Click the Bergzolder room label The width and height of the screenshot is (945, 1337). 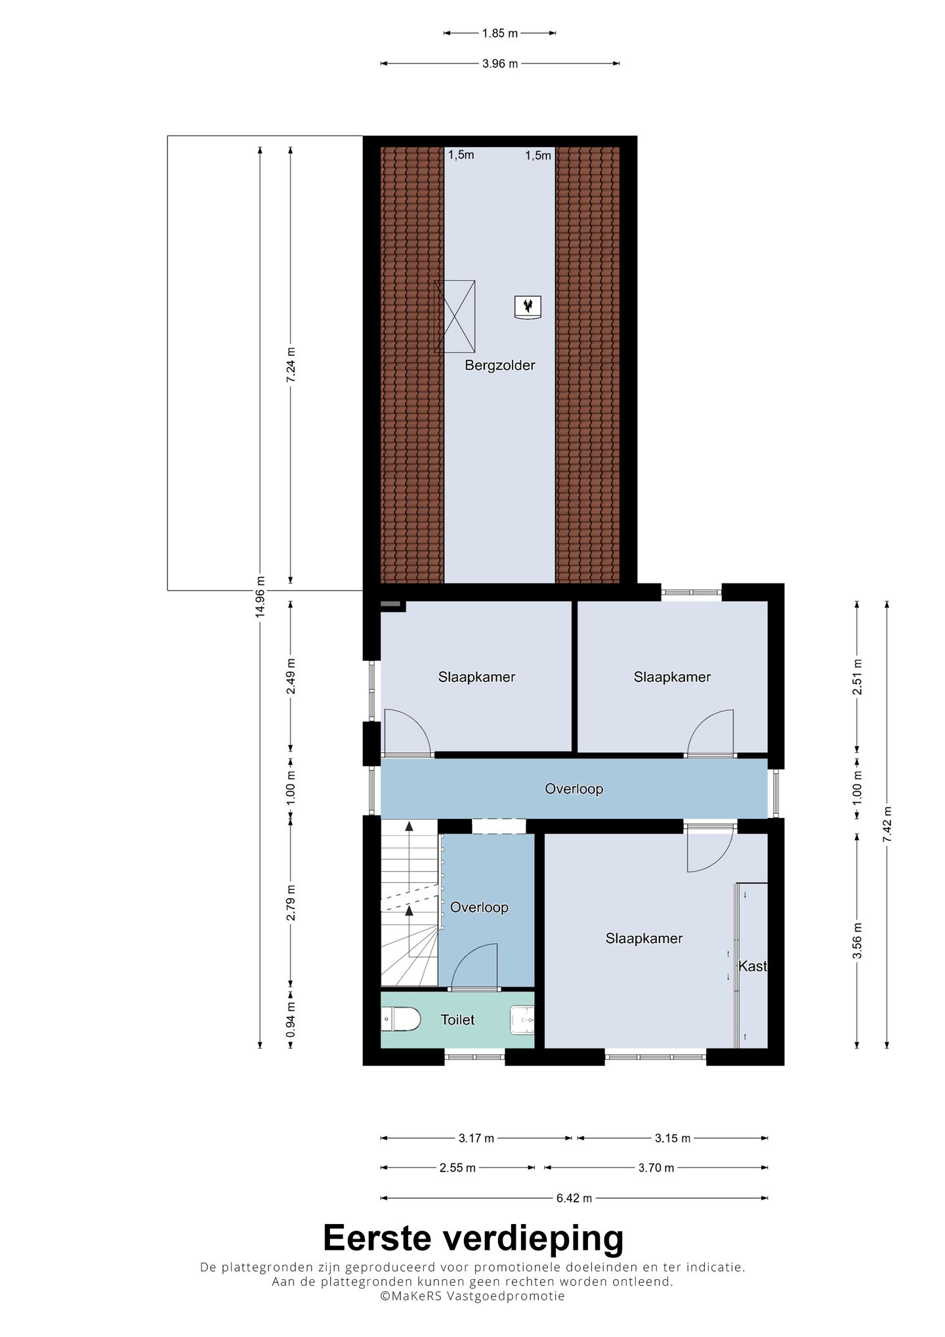coord(499,366)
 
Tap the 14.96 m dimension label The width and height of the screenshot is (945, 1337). coord(261,595)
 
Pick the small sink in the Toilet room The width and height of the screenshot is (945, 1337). coord(522,1019)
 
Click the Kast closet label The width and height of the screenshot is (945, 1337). coord(752,966)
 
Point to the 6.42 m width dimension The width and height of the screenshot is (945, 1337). coord(574,1198)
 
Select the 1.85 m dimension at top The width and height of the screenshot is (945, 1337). coord(499,33)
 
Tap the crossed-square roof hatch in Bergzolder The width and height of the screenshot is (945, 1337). coord(455,316)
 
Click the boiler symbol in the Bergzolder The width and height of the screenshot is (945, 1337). coord(528,306)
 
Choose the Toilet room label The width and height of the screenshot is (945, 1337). coord(457,1019)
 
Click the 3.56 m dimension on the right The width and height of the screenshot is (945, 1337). coord(857,941)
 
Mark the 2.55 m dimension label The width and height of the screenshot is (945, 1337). coord(457,1168)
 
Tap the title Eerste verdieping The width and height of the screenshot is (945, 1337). coord(472,1239)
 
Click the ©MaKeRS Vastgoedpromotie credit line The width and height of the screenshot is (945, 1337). coord(472,1296)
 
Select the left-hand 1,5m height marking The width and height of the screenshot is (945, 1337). coord(461,155)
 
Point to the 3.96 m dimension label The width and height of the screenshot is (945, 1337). coord(499,64)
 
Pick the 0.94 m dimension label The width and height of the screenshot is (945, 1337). coord(291,1019)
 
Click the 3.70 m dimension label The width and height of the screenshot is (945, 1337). coord(656,1168)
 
